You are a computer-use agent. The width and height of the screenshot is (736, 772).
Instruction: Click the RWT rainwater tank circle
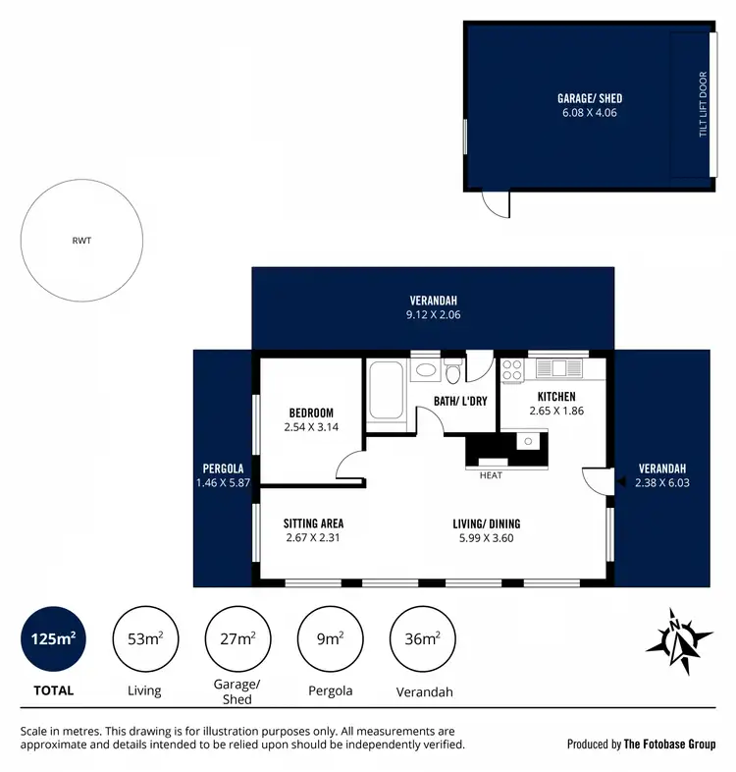click(x=83, y=239)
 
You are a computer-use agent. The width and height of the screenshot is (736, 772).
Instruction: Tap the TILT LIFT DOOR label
click(x=703, y=104)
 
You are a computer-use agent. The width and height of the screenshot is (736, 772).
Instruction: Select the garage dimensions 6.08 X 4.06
click(x=590, y=113)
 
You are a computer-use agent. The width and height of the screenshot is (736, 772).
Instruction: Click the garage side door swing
click(x=497, y=202)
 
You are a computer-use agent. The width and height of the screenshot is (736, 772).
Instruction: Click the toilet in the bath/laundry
click(x=452, y=372)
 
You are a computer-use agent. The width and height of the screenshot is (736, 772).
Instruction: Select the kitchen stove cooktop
click(x=513, y=369)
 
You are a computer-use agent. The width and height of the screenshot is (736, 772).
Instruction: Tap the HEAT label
click(x=491, y=475)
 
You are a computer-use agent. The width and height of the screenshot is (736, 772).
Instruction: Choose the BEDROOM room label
click(x=311, y=413)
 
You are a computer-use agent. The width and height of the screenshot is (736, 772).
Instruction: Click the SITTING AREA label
click(x=313, y=524)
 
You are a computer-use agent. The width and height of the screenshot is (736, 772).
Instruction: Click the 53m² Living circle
click(x=145, y=639)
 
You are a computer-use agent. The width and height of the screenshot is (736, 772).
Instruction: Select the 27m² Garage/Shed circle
click(x=237, y=639)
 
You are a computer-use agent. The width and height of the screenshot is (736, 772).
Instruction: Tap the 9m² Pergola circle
click(x=330, y=639)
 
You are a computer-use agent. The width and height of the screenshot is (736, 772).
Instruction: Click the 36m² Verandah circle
click(x=423, y=639)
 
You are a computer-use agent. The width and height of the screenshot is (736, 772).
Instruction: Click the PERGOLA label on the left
click(x=223, y=469)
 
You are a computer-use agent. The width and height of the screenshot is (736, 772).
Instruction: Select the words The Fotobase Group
click(x=670, y=744)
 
